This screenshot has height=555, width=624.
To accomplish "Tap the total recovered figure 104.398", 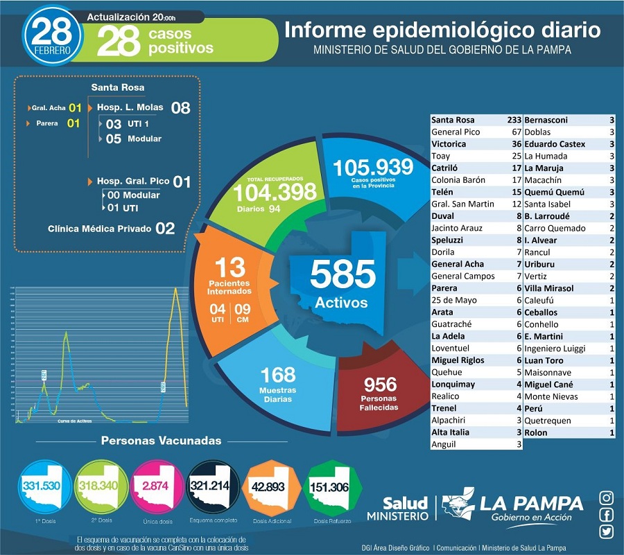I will click(x=276, y=192).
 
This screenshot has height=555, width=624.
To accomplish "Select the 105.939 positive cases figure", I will click(x=373, y=168).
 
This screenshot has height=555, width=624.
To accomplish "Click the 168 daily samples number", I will click(x=277, y=376).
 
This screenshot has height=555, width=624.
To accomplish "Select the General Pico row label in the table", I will click(x=456, y=132).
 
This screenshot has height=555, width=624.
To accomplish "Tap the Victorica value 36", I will click(x=515, y=144).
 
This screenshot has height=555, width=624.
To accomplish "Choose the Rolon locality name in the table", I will click(x=536, y=432).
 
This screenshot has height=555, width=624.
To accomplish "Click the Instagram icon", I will click(x=607, y=497).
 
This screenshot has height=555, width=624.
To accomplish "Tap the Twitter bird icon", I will click(x=607, y=531).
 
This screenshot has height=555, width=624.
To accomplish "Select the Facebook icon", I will click(x=607, y=515).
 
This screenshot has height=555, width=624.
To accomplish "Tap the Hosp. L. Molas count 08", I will click(x=180, y=107).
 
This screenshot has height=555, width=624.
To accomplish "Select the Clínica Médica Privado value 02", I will click(x=165, y=228).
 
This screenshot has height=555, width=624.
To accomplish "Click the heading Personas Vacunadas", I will click(x=162, y=441).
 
